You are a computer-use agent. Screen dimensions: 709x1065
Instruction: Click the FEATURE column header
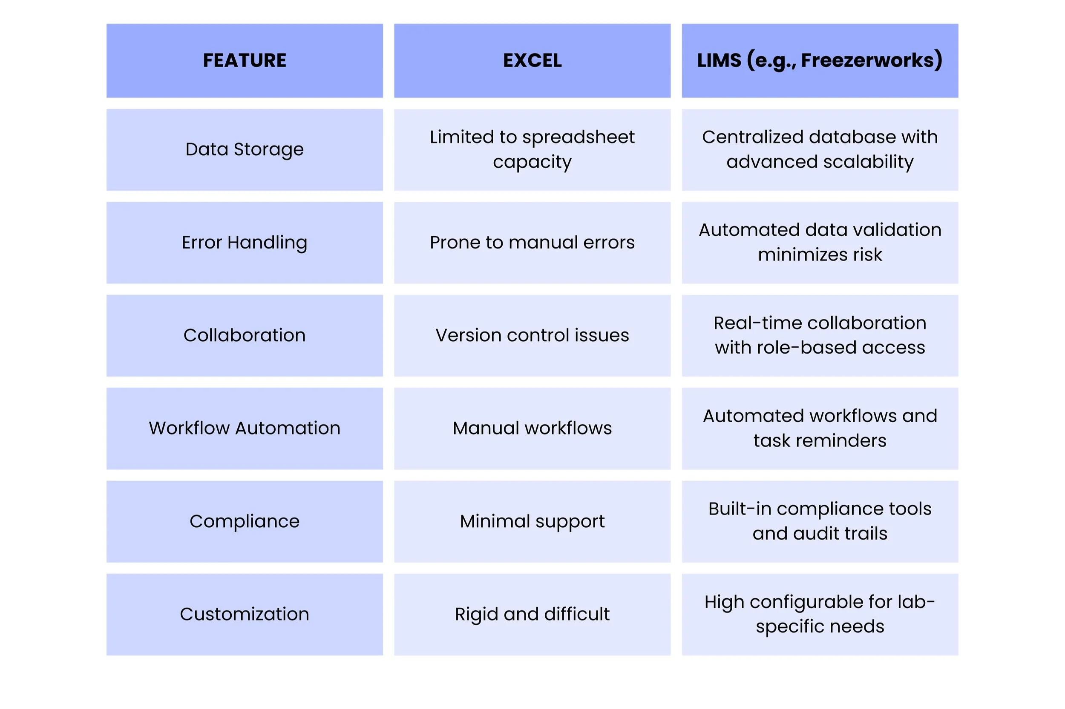coord(245,60)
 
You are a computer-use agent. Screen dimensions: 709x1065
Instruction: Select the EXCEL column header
coord(532,60)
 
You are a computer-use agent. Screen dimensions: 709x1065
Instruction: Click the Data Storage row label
coord(245,149)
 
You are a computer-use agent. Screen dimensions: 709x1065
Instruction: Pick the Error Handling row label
coord(245,243)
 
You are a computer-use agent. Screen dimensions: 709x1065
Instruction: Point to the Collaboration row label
coord(245,335)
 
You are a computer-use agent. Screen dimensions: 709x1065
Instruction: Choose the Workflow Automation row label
coord(245,428)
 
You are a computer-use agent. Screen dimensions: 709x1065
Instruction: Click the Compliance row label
coord(245,521)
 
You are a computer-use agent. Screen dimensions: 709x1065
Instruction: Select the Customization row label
coord(245,614)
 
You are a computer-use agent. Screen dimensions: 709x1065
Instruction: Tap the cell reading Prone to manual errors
coord(532,243)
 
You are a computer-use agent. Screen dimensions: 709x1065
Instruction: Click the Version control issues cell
coord(532,335)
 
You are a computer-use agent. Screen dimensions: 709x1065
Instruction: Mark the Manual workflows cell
coord(532,428)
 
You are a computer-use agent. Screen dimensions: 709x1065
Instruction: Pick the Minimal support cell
coord(532,521)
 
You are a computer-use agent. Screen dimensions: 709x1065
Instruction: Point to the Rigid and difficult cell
coord(532,614)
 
